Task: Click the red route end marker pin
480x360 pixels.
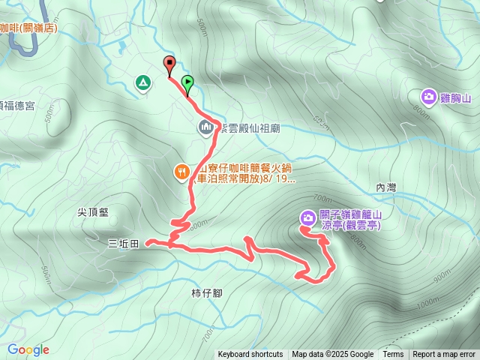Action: tap(169, 64)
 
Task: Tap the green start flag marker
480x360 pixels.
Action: tap(187, 82)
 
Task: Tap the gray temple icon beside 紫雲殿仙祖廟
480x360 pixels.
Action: tap(205, 128)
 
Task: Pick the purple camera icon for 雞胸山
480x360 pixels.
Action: tap(428, 97)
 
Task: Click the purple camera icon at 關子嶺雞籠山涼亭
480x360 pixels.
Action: tap(307, 217)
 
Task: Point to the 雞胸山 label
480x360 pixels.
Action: tap(454, 97)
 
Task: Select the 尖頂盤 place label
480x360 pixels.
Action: tap(92, 212)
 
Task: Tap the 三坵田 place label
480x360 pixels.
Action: tap(124, 243)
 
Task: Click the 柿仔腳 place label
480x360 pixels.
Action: tap(206, 292)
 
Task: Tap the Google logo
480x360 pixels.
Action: tap(28, 349)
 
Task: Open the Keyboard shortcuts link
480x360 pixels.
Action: tap(250, 355)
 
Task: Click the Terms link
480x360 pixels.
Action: tap(393, 355)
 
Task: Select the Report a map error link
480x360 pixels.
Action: tap(444, 355)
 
